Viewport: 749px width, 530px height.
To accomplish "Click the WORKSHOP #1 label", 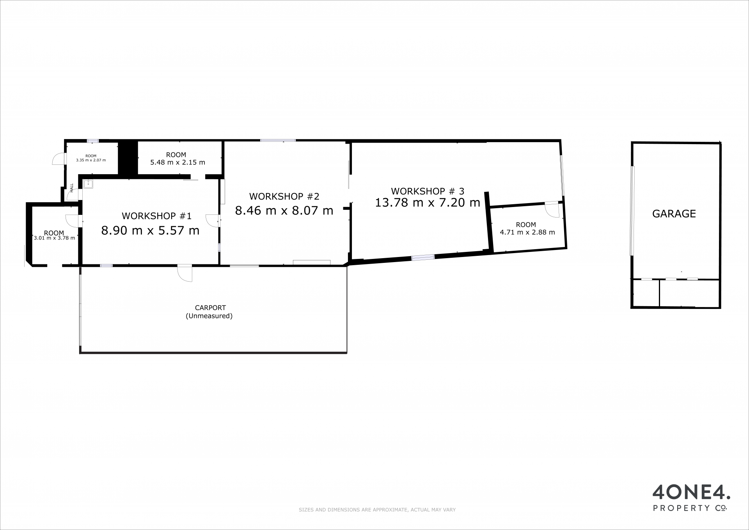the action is pos(156,216).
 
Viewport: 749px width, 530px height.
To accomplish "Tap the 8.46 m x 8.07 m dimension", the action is pos(284,211).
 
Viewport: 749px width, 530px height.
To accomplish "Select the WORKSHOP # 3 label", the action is pos(428,191).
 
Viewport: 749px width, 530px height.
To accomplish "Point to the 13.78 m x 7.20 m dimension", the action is pos(427,202).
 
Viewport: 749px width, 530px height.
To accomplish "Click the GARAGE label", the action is pos(674,214).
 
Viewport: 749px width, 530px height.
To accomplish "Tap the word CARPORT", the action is pos(210,308).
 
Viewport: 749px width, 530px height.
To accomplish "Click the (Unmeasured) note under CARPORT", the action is pos(209,316).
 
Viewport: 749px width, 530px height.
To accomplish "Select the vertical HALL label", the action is pos(72,187).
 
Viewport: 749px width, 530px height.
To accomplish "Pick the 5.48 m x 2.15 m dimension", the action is pos(177,162).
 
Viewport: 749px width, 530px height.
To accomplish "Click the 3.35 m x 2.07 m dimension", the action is pos(91,160).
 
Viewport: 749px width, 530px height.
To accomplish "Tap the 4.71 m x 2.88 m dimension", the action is pos(527,232).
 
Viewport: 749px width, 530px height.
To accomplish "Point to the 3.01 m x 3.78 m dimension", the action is pos(55,238).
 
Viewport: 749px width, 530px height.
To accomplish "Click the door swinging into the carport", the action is pos(185,273).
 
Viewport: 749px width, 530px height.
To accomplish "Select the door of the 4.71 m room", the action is pos(552,209).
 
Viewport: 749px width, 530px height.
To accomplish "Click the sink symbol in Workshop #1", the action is pos(88,184).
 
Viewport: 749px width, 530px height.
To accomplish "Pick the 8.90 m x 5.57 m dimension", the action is pos(150,230).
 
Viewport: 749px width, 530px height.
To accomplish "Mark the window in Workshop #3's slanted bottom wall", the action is pos(423,257).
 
